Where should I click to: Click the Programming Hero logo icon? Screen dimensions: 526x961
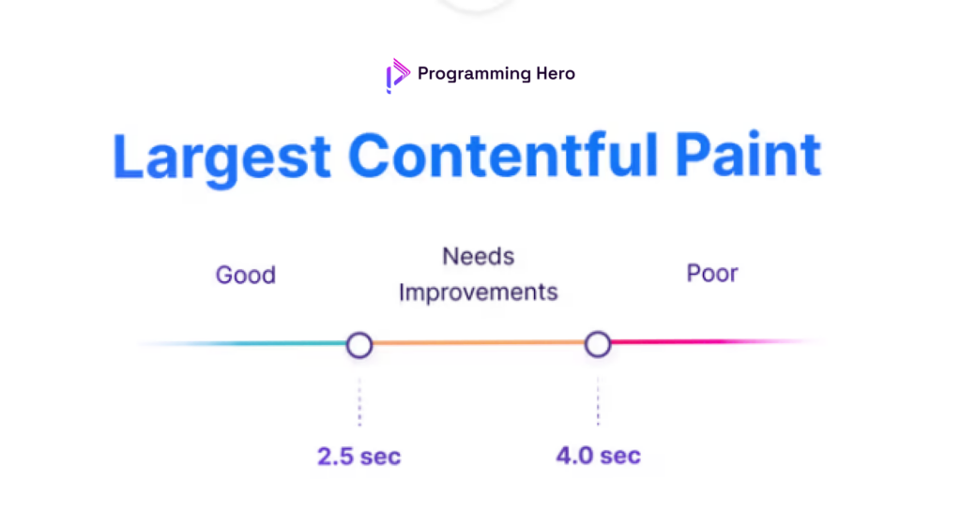[x=398, y=75]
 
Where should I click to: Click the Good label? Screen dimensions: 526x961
[x=246, y=276]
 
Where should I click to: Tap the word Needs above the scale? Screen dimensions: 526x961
[x=479, y=257]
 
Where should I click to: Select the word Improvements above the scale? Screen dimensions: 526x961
[x=479, y=293]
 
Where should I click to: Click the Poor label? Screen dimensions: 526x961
[x=712, y=274]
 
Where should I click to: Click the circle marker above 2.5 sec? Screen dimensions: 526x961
[x=359, y=345]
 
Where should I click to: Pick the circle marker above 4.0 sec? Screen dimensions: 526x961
[x=598, y=344]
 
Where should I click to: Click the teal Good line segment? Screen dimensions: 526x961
[x=263, y=344]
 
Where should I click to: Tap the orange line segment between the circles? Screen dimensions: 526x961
[x=479, y=343]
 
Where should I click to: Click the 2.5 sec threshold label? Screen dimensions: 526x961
[x=359, y=458]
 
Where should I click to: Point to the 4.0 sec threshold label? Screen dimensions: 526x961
[x=598, y=457]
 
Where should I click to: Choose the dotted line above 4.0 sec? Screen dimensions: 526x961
[x=598, y=400]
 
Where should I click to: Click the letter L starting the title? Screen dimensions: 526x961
[x=130, y=158]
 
